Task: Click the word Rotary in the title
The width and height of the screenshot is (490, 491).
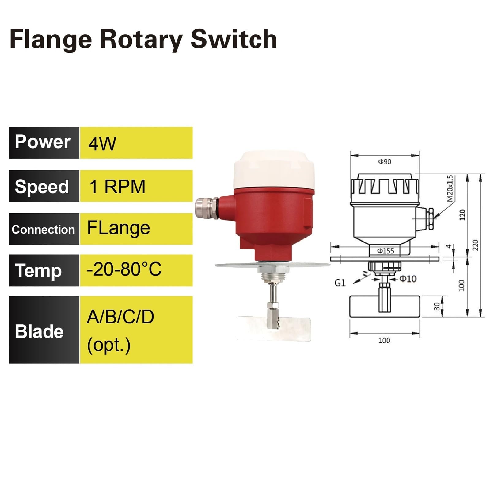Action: point(142,40)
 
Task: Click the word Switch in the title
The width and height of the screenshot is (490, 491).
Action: point(234,39)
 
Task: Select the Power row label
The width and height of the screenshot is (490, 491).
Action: point(43,142)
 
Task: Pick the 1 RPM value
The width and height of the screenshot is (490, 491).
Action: point(117,186)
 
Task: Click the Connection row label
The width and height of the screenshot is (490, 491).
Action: point(43,229)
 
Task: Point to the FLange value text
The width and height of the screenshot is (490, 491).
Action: point(119,228)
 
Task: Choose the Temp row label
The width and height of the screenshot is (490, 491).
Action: point(38,271)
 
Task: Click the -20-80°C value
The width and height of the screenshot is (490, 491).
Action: point(124,269)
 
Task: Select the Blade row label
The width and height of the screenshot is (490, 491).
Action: point(39,331)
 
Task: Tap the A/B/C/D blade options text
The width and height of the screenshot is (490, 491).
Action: point(120,317)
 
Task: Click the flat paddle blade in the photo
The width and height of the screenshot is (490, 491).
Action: point(274,328)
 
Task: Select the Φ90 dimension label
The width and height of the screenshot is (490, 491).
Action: point(385,161)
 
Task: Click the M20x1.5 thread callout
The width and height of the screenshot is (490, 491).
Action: point(450,188)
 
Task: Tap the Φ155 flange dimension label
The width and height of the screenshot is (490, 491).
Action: point(385,251)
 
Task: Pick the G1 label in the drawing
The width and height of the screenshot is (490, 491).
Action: point(340,283)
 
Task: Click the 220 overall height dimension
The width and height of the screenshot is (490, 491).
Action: point(475,245)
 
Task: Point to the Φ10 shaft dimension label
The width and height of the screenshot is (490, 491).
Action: point(408,279)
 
